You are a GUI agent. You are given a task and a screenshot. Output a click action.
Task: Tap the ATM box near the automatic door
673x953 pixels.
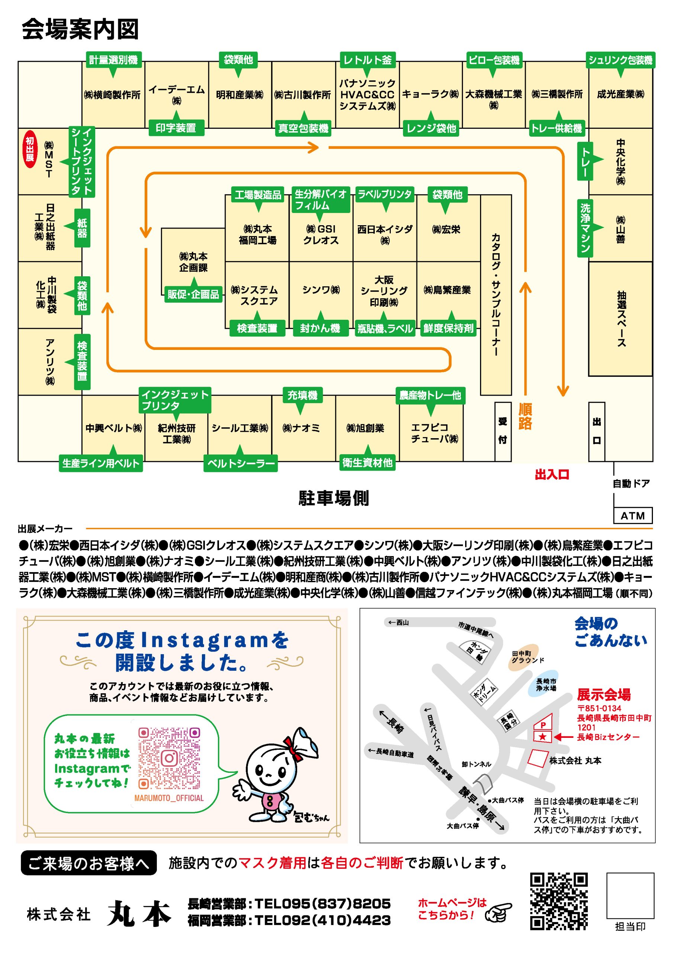pyautogui.click(x=632, y=516)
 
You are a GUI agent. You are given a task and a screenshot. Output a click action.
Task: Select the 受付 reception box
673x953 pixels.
pyautogui.click(x=503, y=431)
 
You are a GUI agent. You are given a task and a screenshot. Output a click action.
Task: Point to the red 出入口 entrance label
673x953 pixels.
pyautogui.click(x=552, y=474)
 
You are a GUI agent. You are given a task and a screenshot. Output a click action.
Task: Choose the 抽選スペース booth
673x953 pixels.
pyautogui.click(x=620, y=319)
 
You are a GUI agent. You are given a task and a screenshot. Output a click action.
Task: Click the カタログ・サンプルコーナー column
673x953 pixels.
pyautogui.click(x=496, y=295)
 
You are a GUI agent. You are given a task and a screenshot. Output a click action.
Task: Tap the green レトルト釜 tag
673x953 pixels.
pyautogui.click(x=367, y=60)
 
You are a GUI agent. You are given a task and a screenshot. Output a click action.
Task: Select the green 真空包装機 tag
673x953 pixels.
pyautogui.click(x=303, y=128)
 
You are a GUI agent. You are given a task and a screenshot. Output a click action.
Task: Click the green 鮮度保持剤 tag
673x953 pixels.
pyautogui.click(x=448, y=328)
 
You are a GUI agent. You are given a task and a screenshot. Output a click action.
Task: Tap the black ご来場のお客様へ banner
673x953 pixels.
pyautogui.click(x=89, y=863)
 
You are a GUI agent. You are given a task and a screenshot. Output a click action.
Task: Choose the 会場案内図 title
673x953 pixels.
pyautogui.click(x=80, y=29)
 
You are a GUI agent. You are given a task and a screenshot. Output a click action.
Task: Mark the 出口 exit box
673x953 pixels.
pyautogui.click(x=597, y=431)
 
